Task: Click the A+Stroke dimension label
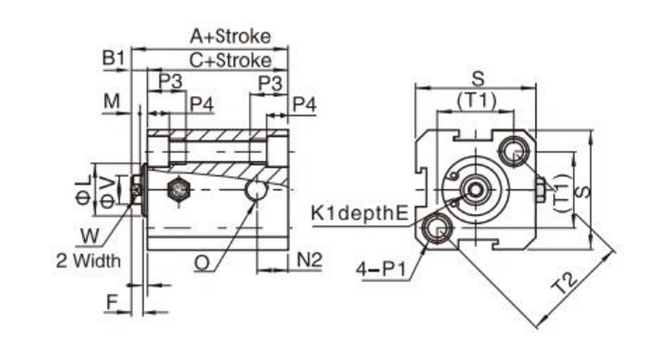tap(230, 36)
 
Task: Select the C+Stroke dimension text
tap(230, 61)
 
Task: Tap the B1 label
tap(114, 58)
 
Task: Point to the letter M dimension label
tap(111, 102)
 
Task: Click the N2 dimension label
tap(310, 258)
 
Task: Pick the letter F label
tap(111, 302)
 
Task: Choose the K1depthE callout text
tap(359, 213)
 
